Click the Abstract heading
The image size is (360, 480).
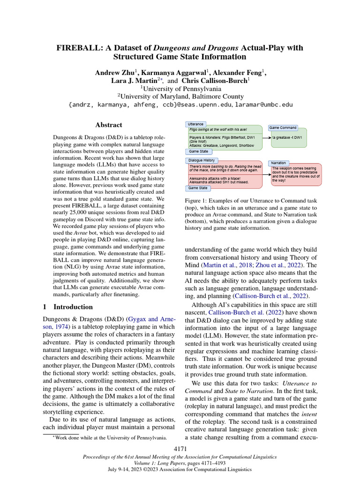coord(108,125)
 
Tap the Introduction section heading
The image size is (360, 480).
coord(73,307)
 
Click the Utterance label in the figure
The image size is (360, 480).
coord(195,124)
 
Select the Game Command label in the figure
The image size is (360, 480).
coord(283,127)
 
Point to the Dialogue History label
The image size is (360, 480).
coord(202,160)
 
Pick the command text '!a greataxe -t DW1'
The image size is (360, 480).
coord(287,138)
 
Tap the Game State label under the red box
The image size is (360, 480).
coord(198,187)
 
